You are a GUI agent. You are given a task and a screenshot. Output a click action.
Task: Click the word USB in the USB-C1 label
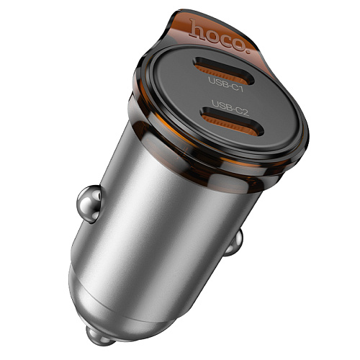tap(216, 79)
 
